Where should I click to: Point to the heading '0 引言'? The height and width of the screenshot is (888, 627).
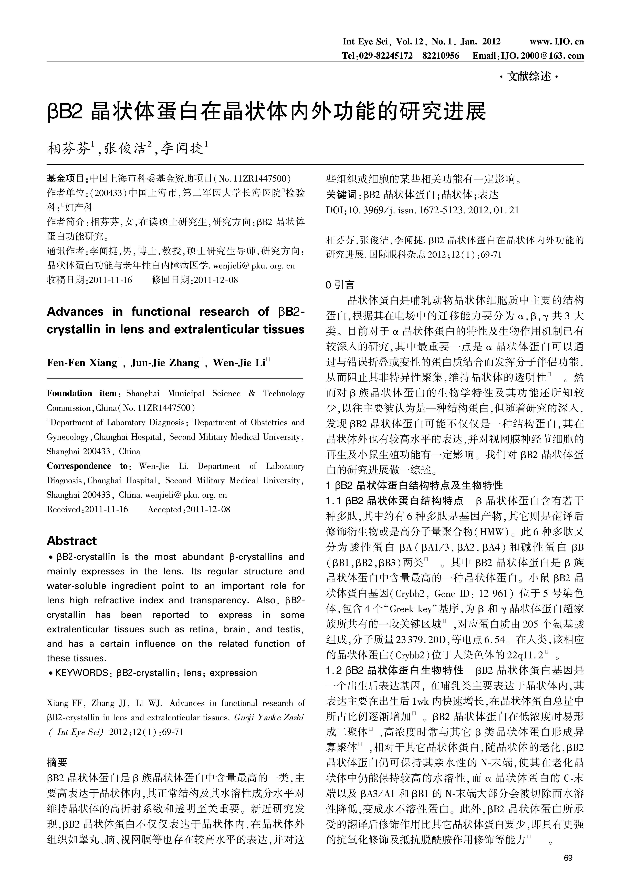(x=340, y=285)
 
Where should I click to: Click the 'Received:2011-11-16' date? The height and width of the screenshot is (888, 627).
(x=87, y=509)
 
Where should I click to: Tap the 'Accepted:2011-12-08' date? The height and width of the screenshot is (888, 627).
(x=189, y=509)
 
